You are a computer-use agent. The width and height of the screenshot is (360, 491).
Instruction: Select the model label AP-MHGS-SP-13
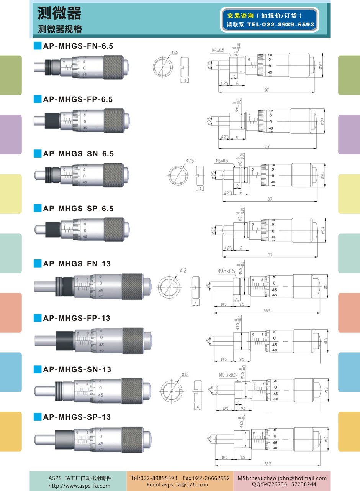click(x=77, y=417)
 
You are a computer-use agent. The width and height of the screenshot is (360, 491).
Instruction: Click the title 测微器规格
click(x=60, y=30)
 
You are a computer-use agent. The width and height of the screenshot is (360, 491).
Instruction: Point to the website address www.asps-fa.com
click(x=79, y=486)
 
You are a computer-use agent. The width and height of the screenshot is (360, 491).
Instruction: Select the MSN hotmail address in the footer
click(x=282, y=478)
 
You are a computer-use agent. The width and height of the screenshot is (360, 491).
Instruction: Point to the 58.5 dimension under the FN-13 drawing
click(x=267, y=311)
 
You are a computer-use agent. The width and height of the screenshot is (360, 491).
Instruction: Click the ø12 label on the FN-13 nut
click(x=183, y=271)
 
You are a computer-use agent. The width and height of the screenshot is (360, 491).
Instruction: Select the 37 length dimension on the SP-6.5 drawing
click(x=270, y=255)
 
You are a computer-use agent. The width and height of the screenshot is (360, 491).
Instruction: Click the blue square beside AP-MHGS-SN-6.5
click(x=37, y=154)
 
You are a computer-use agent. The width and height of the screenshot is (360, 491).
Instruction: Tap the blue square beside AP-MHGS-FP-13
click(x=37, y=318)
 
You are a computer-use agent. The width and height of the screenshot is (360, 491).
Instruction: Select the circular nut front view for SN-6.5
click(x=178, y=174)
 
